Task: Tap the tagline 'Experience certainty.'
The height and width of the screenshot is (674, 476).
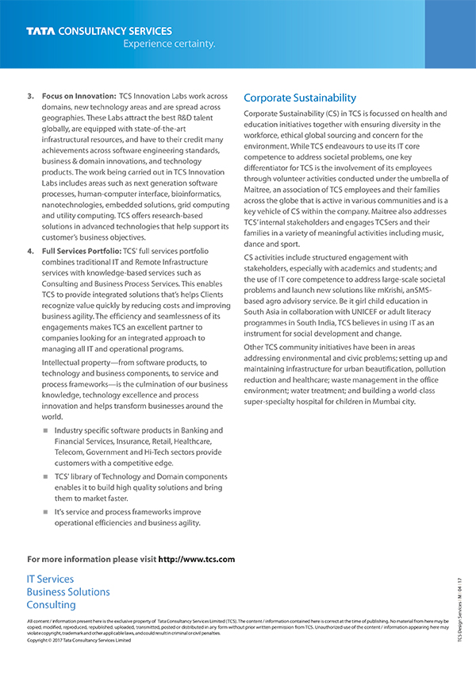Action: (169, 44)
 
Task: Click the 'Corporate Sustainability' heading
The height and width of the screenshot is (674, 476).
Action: (300, 98)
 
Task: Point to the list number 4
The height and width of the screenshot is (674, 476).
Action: (30, 252)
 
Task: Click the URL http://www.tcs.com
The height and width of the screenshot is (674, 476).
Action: (197, 559)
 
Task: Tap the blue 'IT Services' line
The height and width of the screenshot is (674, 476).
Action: (50, 580)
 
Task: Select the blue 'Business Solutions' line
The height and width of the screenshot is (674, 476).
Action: (68, 592)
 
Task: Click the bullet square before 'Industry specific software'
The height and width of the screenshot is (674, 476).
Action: (45, 431)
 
